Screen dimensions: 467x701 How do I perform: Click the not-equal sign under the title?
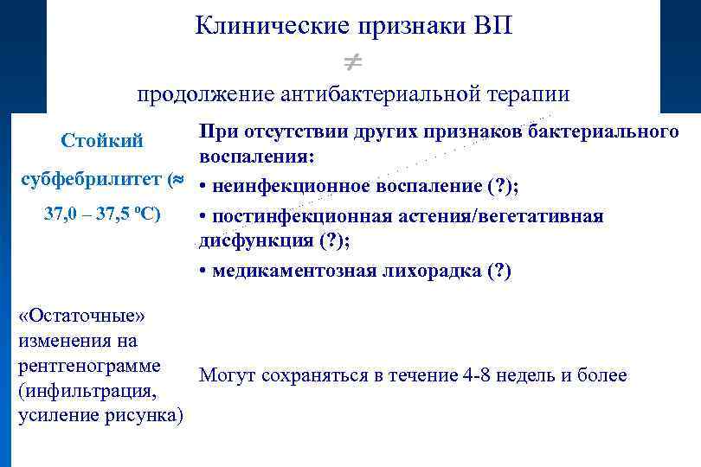point(351,61)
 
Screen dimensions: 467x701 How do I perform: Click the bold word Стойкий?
point(102,140)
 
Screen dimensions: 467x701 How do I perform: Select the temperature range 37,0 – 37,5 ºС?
point(102,214)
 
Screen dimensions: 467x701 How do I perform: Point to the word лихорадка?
point(430,271)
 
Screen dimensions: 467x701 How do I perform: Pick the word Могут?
point(225,375)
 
